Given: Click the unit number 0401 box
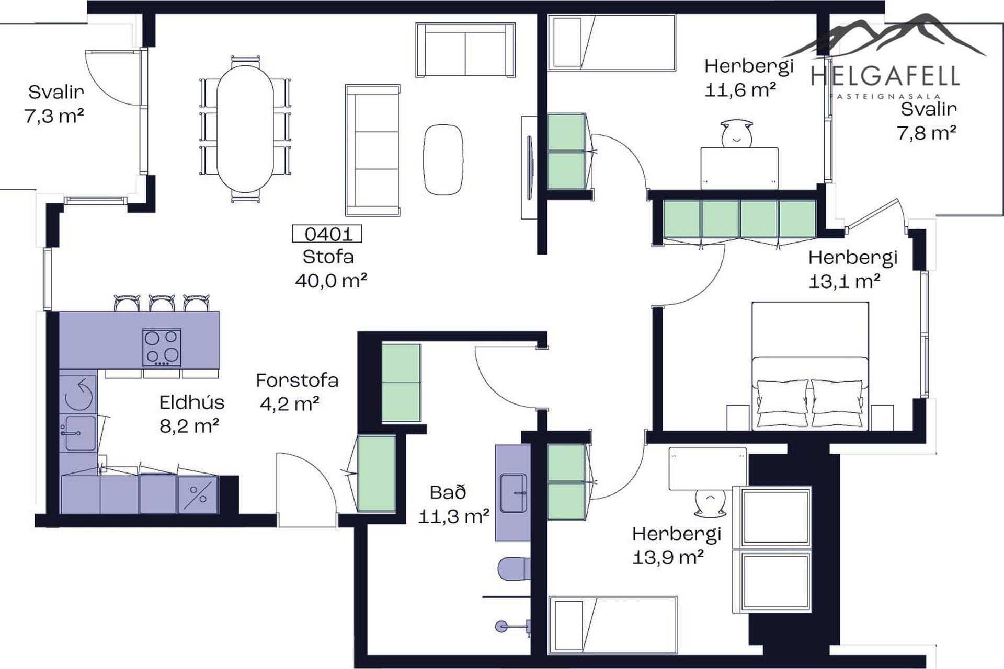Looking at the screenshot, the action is (x=327, y=234).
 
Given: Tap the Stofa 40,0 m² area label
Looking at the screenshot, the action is (x=330, y=269).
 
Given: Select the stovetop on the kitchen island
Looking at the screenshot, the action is (x=162, y=348).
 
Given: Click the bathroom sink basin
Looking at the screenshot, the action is (x=514, y=492).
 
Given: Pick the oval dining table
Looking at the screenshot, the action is (x=246, y=129).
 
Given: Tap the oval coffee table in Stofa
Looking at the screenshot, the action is (x=443, y=160).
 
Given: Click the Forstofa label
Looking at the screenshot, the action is (x=297, y=380).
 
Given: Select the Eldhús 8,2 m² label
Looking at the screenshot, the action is (x=191, y=414).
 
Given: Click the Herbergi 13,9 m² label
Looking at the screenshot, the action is (x=677, y=546).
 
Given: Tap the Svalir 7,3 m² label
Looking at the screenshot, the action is (x=55, y=103).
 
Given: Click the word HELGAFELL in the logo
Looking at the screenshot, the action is (x=885, y=76).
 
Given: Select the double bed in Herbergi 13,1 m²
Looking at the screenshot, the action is (x=810, y=366).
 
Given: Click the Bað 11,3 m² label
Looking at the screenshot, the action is (x=454, y=504).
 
